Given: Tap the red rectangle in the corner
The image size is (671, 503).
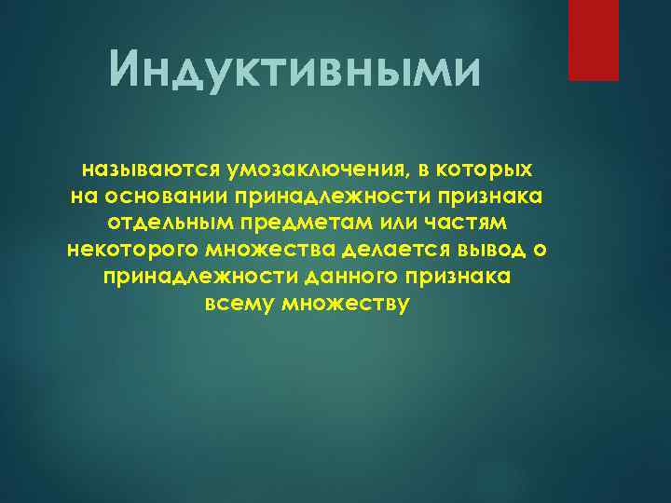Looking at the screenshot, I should (x=594, y=40).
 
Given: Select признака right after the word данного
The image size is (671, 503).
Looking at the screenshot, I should (x=466, y=279).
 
